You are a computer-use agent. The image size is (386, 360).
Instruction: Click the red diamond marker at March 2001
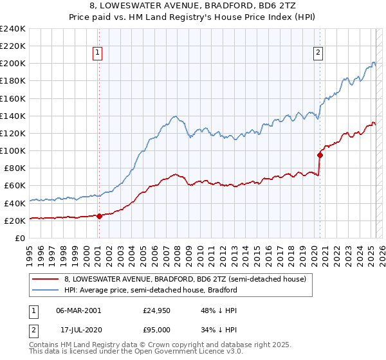99,216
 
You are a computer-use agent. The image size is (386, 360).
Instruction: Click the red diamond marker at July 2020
320,155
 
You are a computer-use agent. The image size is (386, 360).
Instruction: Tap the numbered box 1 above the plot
97,53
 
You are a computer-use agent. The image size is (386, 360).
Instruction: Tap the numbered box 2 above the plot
318,53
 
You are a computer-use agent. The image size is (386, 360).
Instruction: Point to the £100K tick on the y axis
12,150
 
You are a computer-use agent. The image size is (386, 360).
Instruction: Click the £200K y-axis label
12,64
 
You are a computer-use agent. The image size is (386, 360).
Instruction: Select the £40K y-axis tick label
15,203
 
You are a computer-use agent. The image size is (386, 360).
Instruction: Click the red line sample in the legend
46,279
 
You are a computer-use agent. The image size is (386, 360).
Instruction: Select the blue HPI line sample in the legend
46,290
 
